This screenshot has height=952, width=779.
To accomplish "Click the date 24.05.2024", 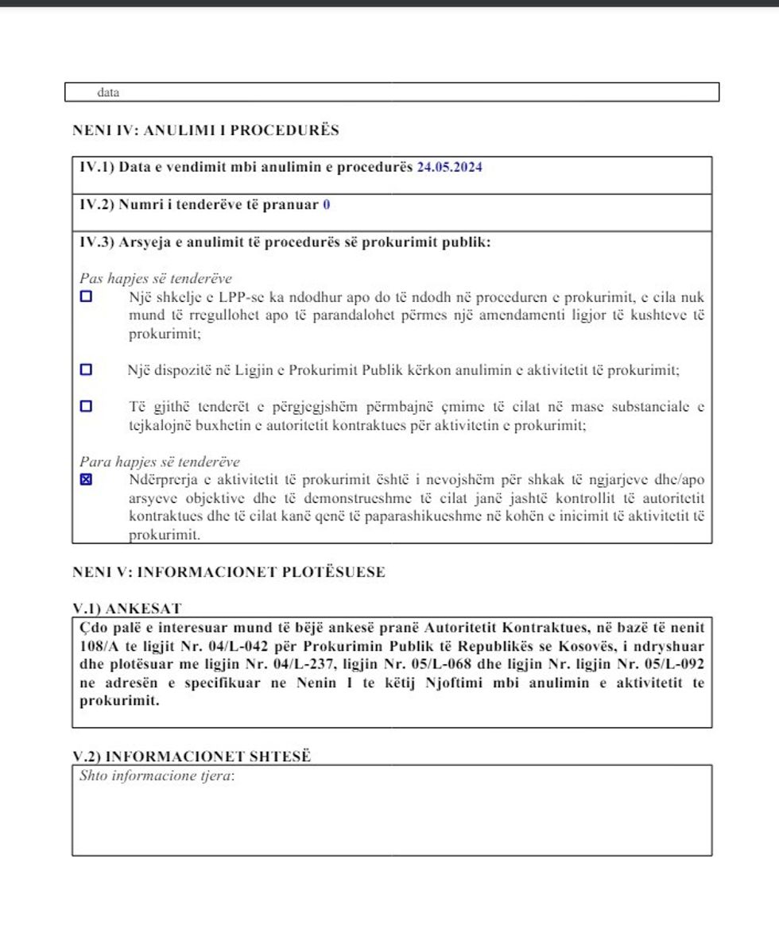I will (x=450, y=168).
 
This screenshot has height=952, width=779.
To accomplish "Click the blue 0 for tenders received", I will (x=326, y=205).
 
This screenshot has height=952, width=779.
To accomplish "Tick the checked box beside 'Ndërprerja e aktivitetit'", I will (x=86, y=480).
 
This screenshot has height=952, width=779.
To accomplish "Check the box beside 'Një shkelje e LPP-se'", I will (x=86, y=296).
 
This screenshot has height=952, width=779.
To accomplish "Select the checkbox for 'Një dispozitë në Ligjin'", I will (x=86, y=370).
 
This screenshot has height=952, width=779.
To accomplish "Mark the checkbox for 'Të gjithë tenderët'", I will (x=86, y=406).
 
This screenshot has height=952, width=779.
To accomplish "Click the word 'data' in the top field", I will (x=108, y=93).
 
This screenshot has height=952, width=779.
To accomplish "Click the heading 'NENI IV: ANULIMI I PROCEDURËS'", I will (x=205, y=130).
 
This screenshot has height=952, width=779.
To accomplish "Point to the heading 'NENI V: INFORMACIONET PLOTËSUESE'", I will (x=228, y=572).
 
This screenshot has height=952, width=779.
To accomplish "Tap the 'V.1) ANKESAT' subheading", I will (x=127, y=609).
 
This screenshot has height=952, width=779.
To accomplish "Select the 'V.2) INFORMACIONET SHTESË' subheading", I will (x=192, y=757).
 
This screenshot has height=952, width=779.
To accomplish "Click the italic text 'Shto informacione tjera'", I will (x=157, y=776).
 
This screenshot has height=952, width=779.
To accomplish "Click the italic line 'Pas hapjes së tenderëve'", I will (x=156, y=278).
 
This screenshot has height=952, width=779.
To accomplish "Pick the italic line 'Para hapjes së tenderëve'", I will (x=159, y=462).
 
